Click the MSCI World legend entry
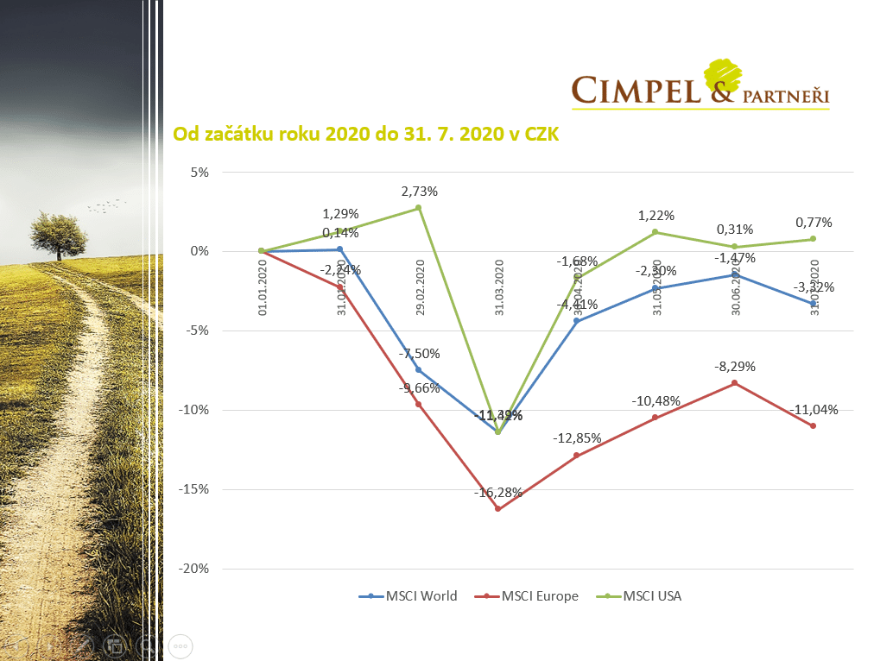[x=408, y=595]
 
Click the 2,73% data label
[x=419, y=191]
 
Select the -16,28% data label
[x=497, y=493]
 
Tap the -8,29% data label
[x=734, y=366]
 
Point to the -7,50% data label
[x=419, y=353]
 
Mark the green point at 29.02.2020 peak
[x=418, y=208]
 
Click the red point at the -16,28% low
[x=497, y=509]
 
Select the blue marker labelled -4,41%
[x=576, y=321]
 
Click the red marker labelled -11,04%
[x=813, y=425]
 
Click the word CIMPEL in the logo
[x=636, y=89]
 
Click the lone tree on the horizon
[x=59, y=233]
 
